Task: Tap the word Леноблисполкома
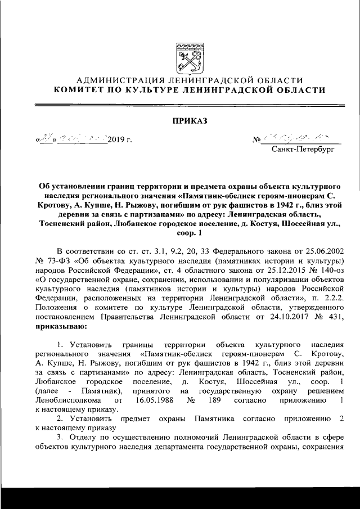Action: [68, 400]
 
